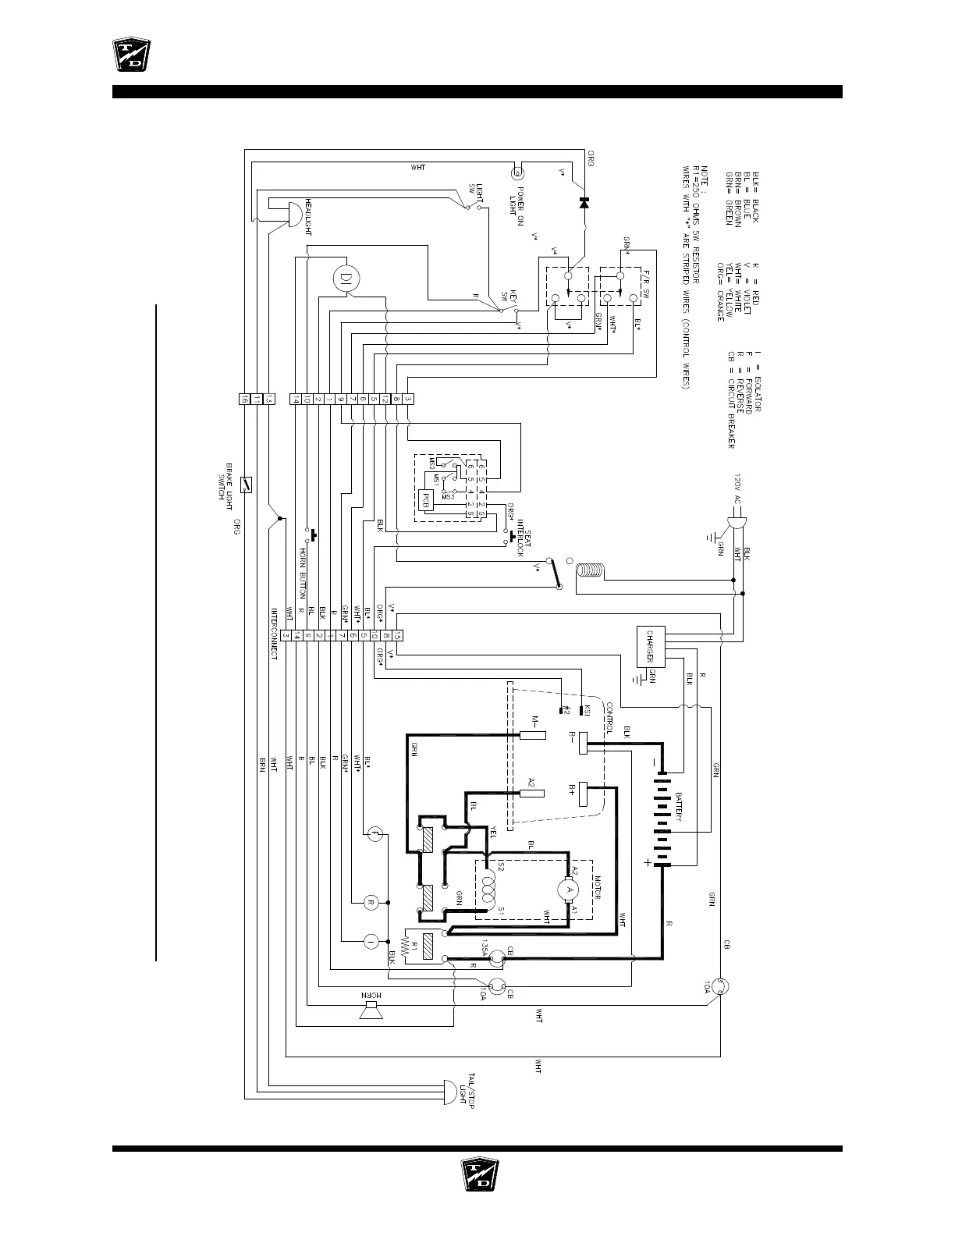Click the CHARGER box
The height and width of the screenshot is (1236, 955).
(x=650, y=645)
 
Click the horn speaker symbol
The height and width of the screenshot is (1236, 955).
(x=371, y=1012)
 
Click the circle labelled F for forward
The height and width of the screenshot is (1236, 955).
(x=374, y=835)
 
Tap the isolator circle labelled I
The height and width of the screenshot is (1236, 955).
(x=371, y=942)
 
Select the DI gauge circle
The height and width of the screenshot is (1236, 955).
(x=346, y=277)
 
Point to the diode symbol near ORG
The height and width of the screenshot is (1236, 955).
(x=584, y=201)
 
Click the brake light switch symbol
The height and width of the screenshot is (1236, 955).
(x=246, y=485)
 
